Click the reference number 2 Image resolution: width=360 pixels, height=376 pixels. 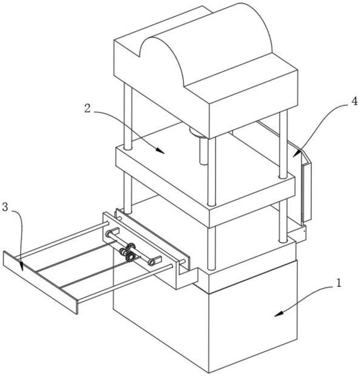click(x=87, y=108)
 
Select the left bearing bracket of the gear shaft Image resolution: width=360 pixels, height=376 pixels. click(x=112, y=233)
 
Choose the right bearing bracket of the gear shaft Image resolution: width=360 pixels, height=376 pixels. click(x=155, y=260)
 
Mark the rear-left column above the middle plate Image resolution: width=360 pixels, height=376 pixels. click(x=128, y=117)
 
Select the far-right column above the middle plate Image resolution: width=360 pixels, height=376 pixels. click(x=283, y=143)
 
